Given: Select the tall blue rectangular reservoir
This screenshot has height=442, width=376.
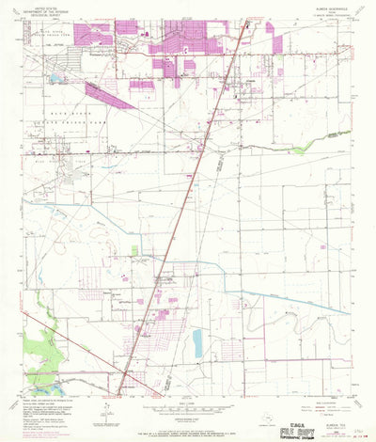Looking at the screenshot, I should (197, 343).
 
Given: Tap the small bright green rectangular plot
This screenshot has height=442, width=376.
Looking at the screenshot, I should (134, 249).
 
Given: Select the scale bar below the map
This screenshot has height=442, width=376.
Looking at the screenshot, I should (188, 400).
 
